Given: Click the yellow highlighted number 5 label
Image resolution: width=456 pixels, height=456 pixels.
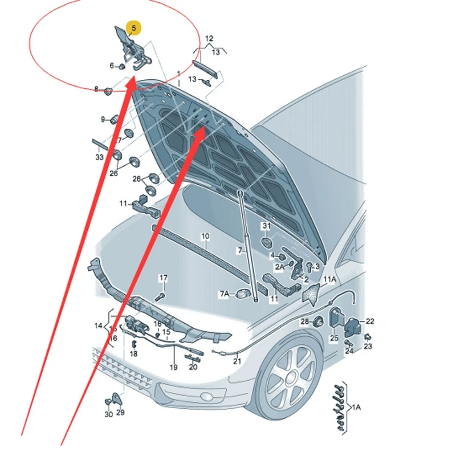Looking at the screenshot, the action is coord(133,27).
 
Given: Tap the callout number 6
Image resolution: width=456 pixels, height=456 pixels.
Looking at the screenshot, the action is coord(112,66).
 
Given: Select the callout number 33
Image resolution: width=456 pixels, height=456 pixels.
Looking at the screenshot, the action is coord(100,157).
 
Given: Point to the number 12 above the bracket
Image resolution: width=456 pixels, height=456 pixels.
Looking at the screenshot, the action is coord(209,38).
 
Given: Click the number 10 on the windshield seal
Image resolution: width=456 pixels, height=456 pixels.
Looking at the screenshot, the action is coord(205,236).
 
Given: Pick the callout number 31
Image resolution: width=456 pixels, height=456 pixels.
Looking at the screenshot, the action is coord(266,226).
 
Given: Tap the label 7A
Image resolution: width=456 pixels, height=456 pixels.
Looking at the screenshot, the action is coord(225,294).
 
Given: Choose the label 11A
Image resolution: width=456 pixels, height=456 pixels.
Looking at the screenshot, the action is coord(330,279).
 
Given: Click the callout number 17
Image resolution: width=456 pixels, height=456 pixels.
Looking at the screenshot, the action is coord(164,278).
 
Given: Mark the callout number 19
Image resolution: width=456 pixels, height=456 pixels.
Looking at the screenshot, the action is coord(173,367).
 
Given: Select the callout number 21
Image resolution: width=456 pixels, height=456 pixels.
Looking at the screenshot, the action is coord(237,361).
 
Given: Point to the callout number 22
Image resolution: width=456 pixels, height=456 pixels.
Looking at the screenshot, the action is coord(370,321).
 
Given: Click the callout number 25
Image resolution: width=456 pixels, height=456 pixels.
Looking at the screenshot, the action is coord(334,338).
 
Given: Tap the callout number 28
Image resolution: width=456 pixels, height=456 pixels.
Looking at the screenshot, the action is coord(304,322).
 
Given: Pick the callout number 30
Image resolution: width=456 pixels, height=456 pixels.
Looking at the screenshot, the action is coord(108,414).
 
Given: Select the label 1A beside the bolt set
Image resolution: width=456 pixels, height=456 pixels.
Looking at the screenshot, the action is coord(357,408).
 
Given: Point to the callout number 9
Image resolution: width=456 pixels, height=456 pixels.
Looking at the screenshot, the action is coord(103,119).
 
